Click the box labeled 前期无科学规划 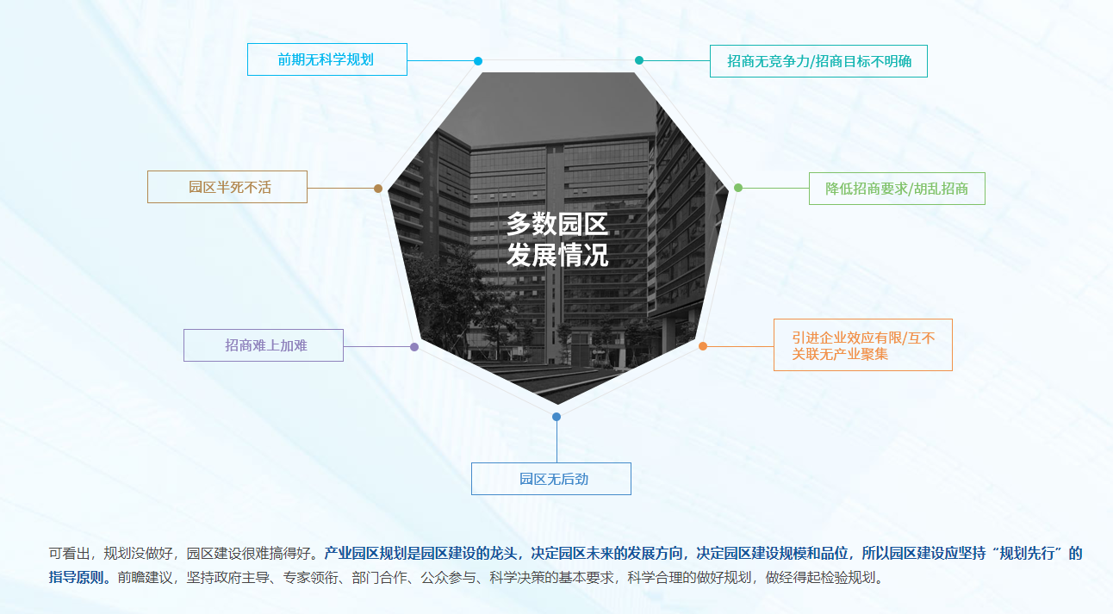point(327,59)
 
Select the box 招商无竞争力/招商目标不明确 point(818,61)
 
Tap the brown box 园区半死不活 point(227,187)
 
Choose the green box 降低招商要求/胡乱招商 point(897,189)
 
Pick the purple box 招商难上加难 point(264,345)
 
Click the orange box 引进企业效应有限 point(863,344)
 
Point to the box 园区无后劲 point(551,479)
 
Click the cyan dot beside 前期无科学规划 point(478,61)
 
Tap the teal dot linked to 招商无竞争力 point(639,60)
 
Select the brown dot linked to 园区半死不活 point(378,189)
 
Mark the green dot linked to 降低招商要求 point(738,188)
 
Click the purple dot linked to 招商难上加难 point(414,347)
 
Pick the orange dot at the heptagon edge point(703,346)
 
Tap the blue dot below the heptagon point(556,417)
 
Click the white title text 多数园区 point(557,224)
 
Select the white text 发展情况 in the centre point(557,256)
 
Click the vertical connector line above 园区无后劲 point(556,442)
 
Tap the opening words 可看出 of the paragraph point(69,553)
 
